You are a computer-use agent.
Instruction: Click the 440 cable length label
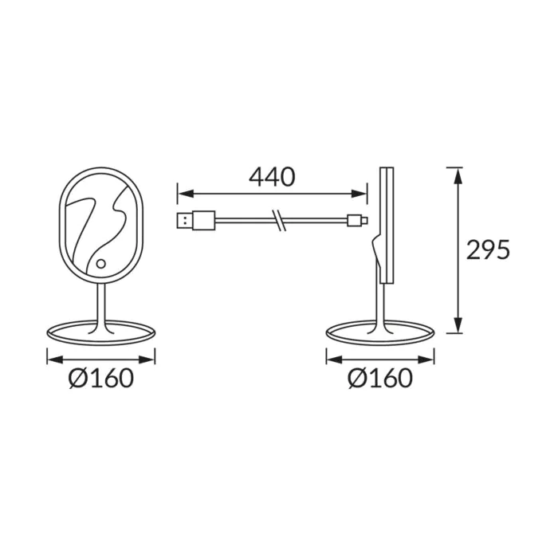[x=272, y=177]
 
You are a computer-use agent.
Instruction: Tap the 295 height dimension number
[x=488, y=250]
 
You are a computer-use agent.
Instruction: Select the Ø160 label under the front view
[x=101, y=378]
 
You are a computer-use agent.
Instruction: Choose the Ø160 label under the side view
[x=380, y=378]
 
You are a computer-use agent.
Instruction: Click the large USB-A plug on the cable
[x=196, y=221]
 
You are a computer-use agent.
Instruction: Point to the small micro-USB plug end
[x=357, y=220]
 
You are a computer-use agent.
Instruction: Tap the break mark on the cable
[x=279, y=221]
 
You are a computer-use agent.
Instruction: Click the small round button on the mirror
[x=101, y=264]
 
